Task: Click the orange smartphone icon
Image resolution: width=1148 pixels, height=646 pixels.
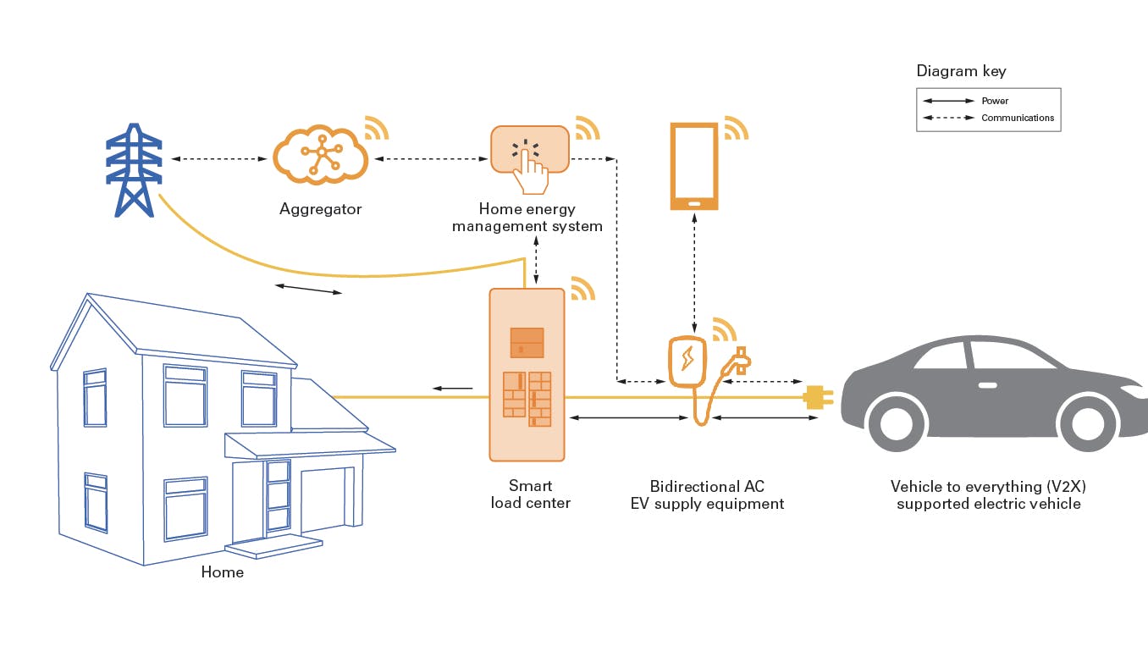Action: (694, 166)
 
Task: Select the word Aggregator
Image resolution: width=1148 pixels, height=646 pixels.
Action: (320, 209)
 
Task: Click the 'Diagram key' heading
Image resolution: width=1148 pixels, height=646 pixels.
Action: (961, 71)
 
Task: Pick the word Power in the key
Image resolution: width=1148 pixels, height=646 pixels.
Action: (995, 101)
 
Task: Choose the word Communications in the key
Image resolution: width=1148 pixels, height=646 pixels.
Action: (1018, 118)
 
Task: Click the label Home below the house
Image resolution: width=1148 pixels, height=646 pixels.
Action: (222, 572)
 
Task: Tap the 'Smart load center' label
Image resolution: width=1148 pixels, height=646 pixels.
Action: (530, 494)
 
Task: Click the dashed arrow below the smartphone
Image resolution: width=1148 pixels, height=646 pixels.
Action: (694, 271)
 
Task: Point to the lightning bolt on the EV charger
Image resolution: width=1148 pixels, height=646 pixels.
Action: (687, 358)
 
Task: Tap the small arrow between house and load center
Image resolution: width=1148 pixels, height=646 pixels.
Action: (453, 389)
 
